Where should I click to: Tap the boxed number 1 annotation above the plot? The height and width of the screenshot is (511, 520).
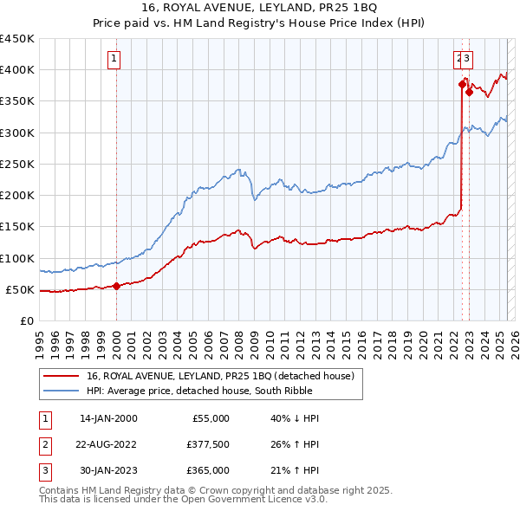[x=114, y=59]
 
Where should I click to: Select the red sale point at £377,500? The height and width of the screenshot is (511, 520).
[x=462, y=84]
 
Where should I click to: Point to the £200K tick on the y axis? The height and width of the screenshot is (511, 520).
[x=18, y=196]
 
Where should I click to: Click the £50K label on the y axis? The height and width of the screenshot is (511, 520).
[x=22, y=290]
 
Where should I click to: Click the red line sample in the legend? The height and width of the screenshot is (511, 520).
[x=63, y=376]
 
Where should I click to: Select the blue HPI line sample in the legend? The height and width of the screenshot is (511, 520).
[x=63, y=391]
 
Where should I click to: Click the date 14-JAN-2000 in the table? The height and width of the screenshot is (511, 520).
[x=108, y=418]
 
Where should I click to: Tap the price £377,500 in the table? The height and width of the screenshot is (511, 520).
[x=208, y=444]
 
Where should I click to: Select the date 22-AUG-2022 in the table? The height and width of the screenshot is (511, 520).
[x=109, y=444]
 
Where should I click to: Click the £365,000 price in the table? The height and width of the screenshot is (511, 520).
[x=208, y=470]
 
